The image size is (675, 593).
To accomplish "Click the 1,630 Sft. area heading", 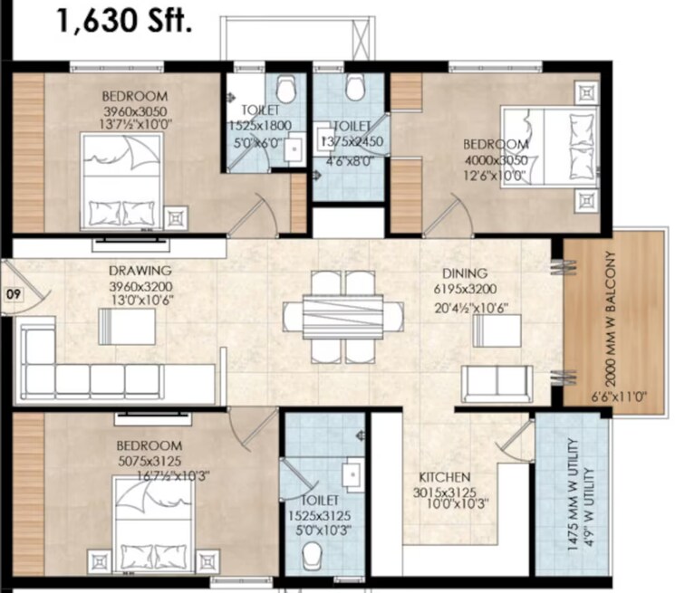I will pyautogui.click(x=124, y=20).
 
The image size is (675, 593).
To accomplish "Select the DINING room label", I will pyautogui.click(x=465, y=273).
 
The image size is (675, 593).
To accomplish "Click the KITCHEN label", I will pyautogui.click(x=443, y=476).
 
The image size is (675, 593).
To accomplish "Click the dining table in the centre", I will pyautogui.click(x=343, y=317).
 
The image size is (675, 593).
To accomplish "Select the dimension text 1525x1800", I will pyautogui.click(x=257, y=128).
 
